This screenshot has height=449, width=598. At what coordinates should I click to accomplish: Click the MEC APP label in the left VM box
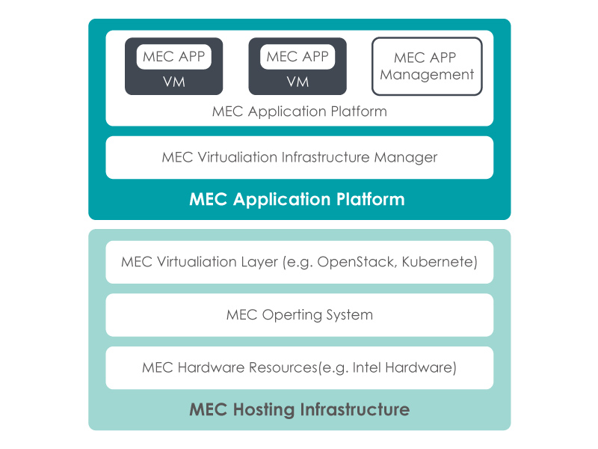[173, 57]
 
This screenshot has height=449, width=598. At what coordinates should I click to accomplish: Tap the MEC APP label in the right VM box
[298, 57]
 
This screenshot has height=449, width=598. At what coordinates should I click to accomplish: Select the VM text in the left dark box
[173, 82]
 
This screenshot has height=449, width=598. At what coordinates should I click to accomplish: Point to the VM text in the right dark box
[298, 82]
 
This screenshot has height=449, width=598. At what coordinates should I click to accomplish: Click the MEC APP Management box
[427, 66]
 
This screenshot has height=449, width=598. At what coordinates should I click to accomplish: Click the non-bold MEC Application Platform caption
[299, 112]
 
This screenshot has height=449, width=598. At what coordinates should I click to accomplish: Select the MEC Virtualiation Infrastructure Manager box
[299, 158]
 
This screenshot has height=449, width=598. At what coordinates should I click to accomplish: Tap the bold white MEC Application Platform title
[297, 200]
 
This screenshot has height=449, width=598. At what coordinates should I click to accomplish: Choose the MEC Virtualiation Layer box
[299, 263]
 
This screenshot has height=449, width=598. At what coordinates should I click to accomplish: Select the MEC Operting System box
[299, 315]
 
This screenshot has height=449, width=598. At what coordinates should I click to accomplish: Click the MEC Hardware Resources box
[299, 368]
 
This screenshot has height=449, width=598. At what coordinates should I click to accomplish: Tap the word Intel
[367, 368]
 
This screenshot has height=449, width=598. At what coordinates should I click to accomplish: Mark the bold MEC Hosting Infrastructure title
[299, 410]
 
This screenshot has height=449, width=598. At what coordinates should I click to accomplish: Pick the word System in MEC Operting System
[348, 315]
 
